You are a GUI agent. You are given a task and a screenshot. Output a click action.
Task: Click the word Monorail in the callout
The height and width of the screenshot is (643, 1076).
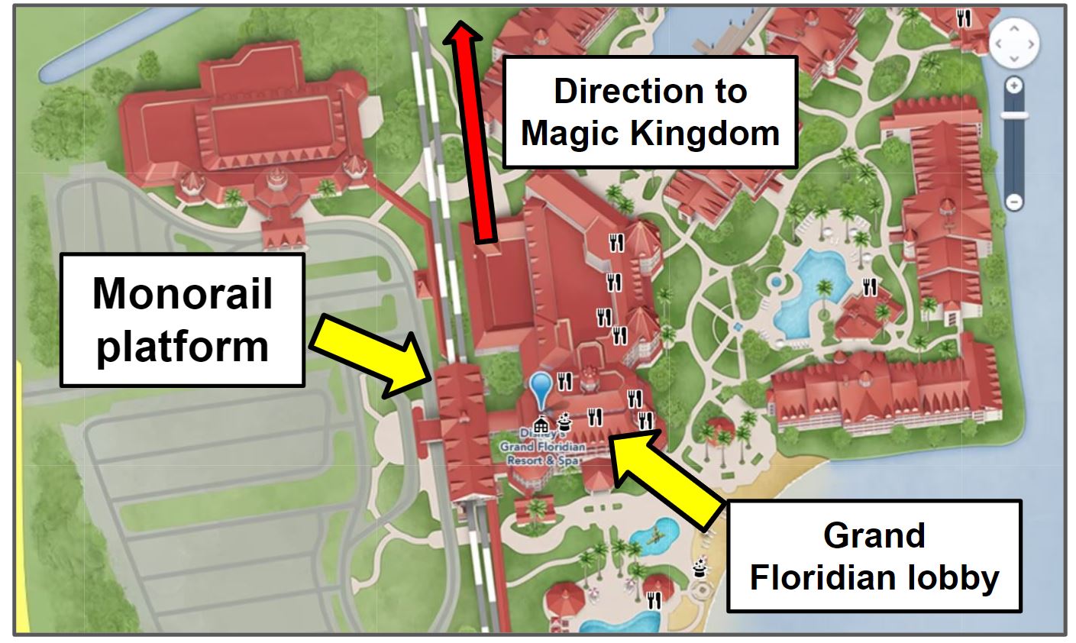pos(183,294)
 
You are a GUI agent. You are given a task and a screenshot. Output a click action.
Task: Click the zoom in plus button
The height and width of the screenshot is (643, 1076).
pos(1013,86)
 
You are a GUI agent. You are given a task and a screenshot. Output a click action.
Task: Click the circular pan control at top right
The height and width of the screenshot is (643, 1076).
pos(1013,44)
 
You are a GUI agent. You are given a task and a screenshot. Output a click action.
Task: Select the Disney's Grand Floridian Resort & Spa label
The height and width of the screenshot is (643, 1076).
pos(543,446)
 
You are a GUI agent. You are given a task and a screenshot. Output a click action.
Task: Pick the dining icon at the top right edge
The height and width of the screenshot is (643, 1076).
pos(965,17)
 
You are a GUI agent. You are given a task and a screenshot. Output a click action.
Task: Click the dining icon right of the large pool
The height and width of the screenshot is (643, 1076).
pos(869,287)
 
